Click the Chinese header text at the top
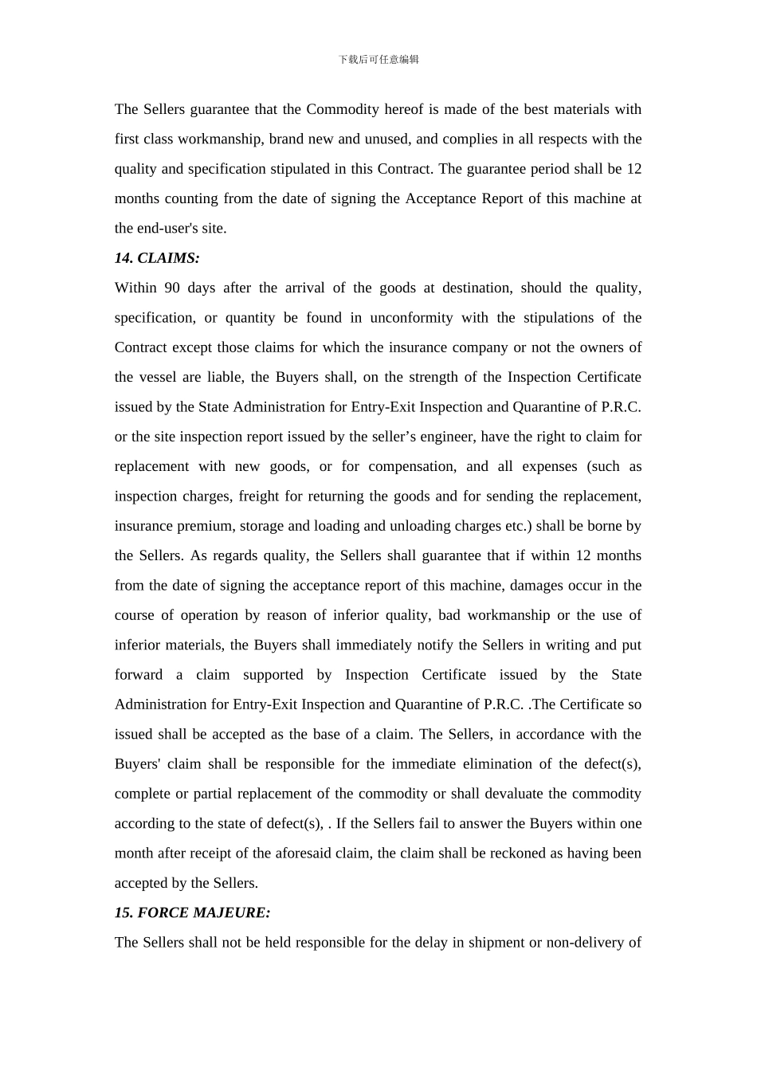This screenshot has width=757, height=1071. (x=378, y=60)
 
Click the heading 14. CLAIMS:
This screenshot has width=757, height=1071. (x=157, y=258)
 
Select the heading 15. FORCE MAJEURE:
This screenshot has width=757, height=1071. (x=192, y=913)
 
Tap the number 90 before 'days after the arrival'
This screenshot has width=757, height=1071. (x=172, y=288)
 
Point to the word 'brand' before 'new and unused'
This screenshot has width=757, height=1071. (x=286, y=139)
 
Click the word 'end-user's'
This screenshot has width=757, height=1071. (x=167, y=229)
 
